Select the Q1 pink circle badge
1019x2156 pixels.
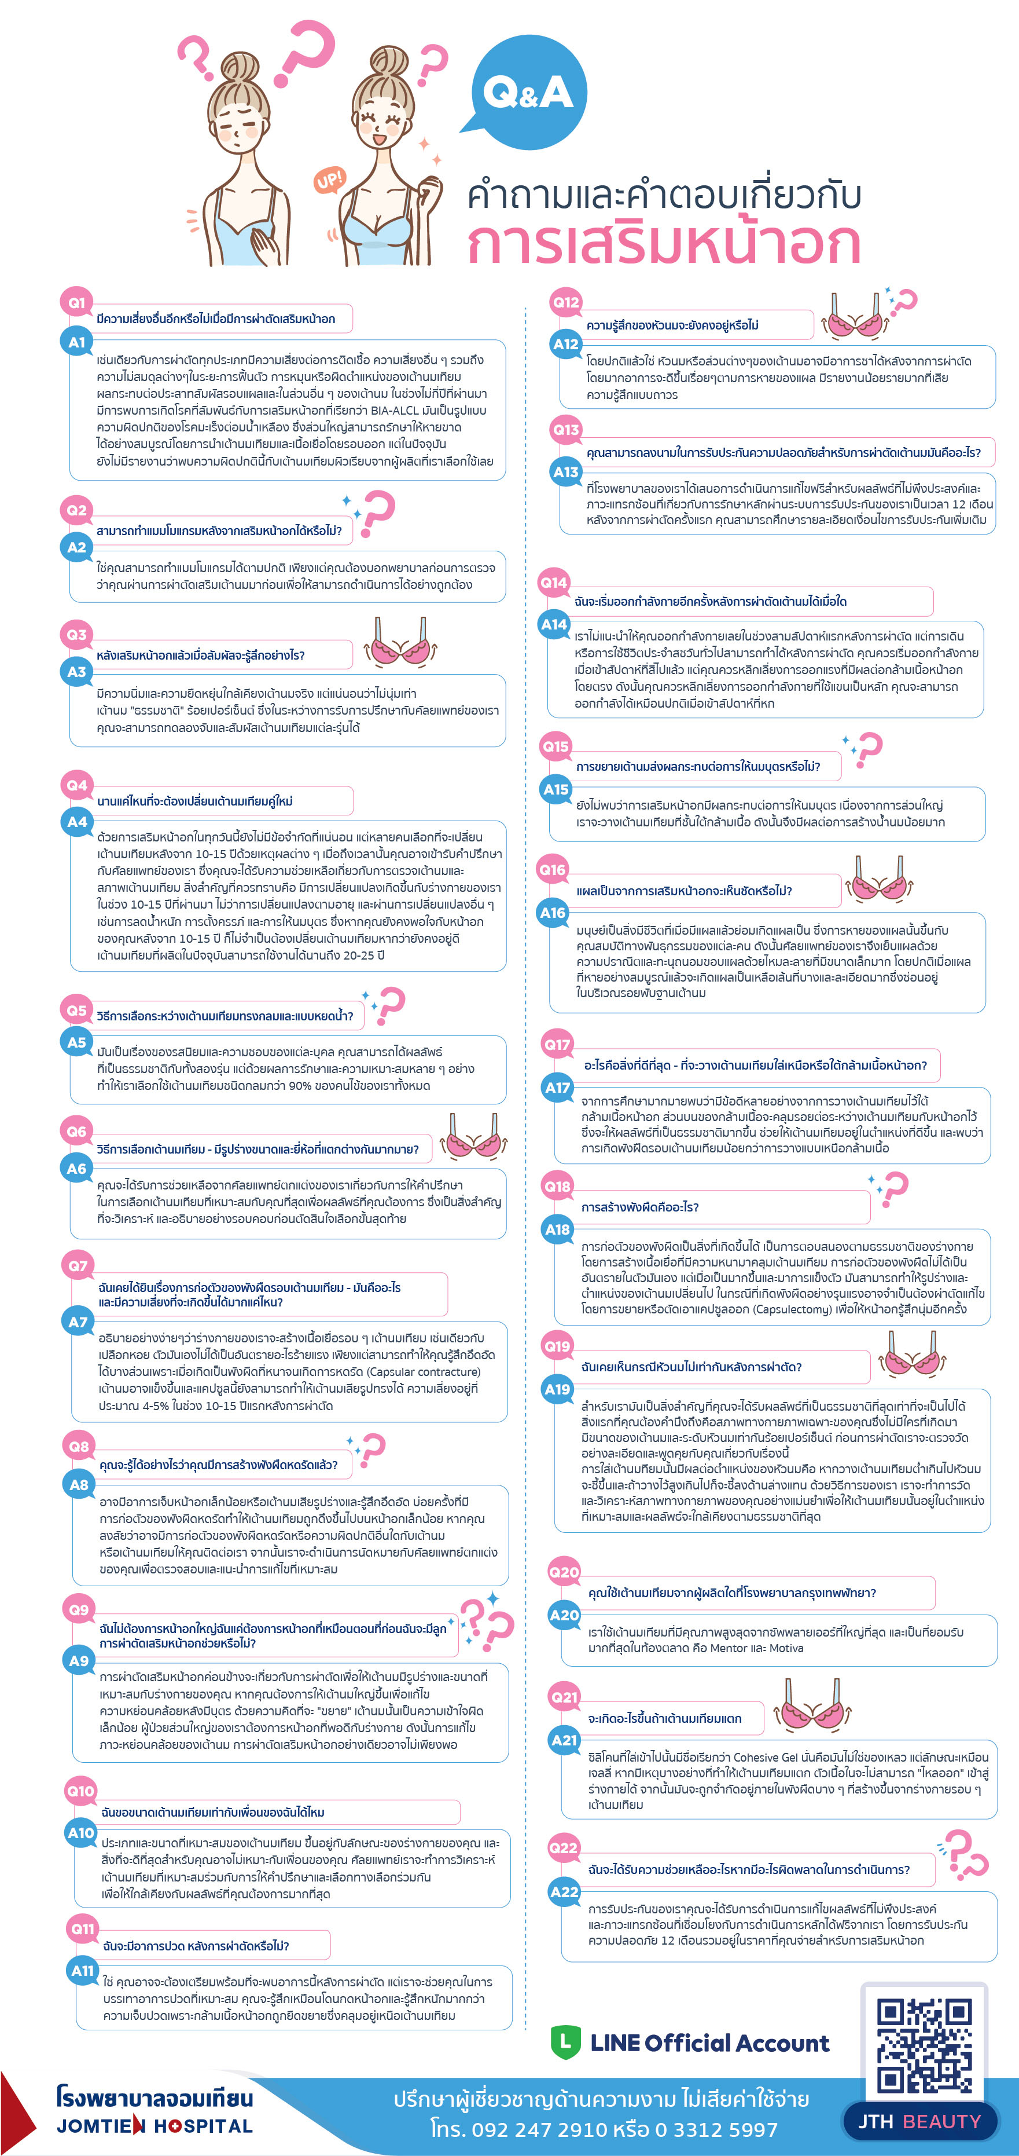(x=76, y=303)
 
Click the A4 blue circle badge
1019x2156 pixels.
(x=77, y=822)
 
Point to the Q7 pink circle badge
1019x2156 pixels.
(x=78, y=1265)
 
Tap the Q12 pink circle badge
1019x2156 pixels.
(x=565, y=302)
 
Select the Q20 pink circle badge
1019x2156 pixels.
(x=564, y=1572)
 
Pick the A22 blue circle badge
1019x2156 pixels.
(x=564, y=1891)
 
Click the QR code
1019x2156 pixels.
(x=925, y=2045)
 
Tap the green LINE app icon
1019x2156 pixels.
(x=565, y=2042)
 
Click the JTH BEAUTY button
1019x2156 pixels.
(x=919, y=2121)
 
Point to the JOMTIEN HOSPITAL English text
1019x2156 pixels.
(x=154, y=2126)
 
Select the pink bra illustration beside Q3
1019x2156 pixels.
(x=400, y=645)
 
